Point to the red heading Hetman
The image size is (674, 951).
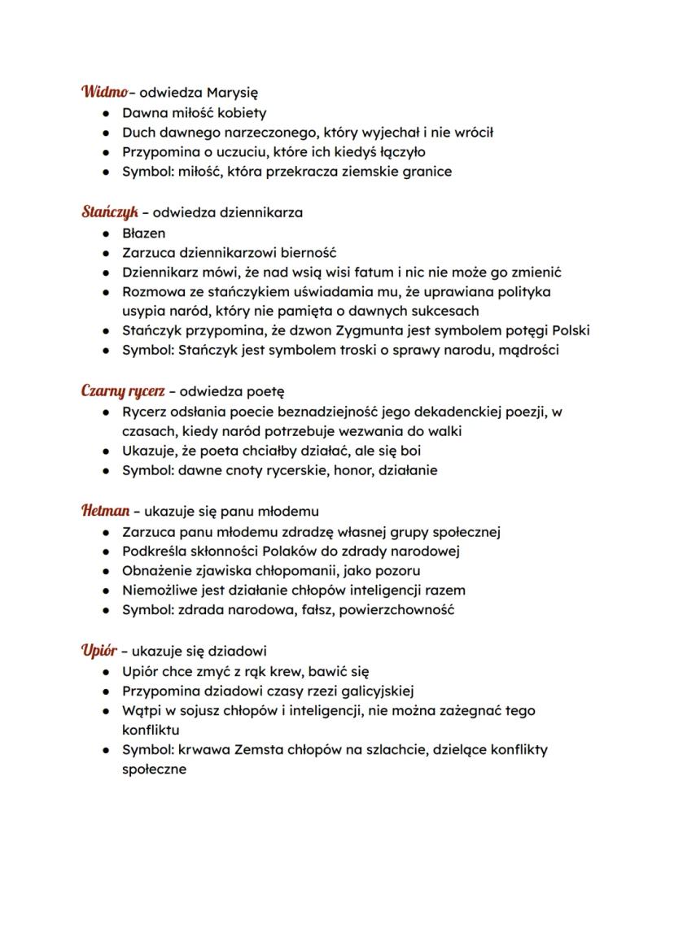(106, 511)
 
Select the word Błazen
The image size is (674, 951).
(144, 233)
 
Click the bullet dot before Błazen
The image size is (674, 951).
(106, 233)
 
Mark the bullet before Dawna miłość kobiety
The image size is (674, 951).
(106, 113)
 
